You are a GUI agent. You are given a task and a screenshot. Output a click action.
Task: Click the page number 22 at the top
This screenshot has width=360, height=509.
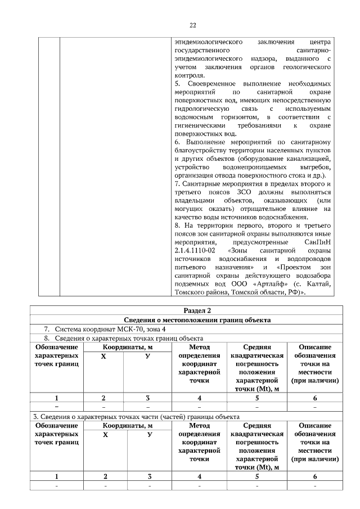click(192, 25)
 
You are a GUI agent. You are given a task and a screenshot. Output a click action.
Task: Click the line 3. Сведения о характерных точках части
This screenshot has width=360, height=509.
click(135, 417)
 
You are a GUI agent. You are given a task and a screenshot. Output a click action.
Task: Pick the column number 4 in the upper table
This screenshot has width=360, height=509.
click(199, 398)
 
